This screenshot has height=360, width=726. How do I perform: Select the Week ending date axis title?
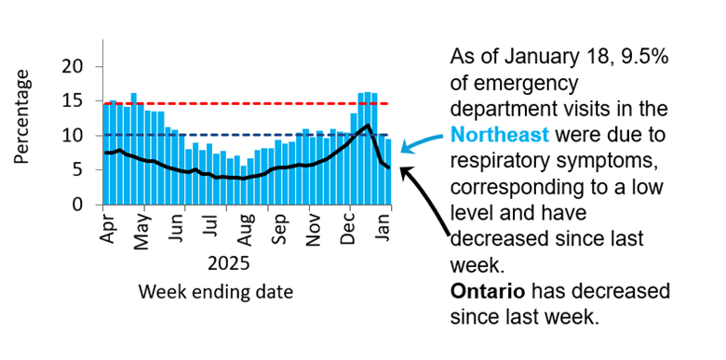coord(216,292)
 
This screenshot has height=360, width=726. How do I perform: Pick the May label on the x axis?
coord(141,229)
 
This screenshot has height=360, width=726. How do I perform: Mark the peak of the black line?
coord(369,125)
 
